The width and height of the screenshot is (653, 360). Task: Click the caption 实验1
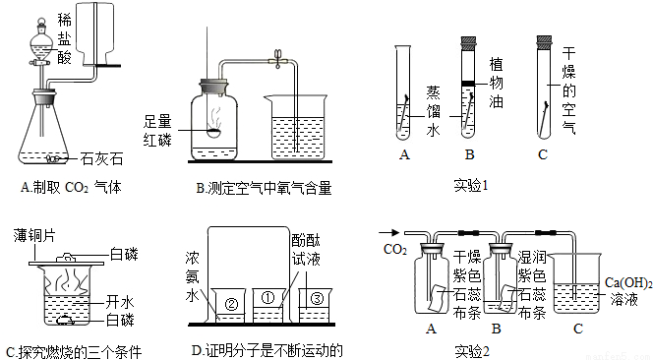click(471, 185)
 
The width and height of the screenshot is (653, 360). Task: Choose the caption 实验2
click(472, 350)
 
